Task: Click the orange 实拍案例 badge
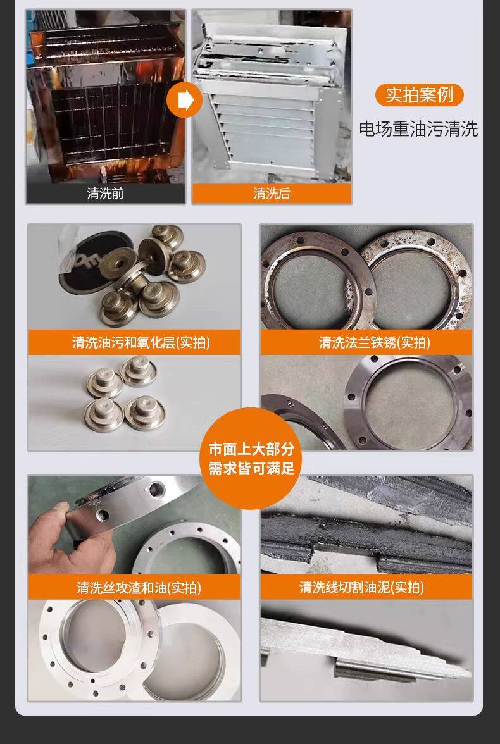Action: [x=419, y=96]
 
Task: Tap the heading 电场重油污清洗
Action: [x=418, y=129]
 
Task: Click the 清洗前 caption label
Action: [x=106, y=194]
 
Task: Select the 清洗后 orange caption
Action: [x=272, y=194]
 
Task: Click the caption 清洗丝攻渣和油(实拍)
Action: [x=139, y=588]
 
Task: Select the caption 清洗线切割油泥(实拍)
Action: [x=362, y=587]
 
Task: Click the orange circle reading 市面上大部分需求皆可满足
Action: [x=251, y=458]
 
